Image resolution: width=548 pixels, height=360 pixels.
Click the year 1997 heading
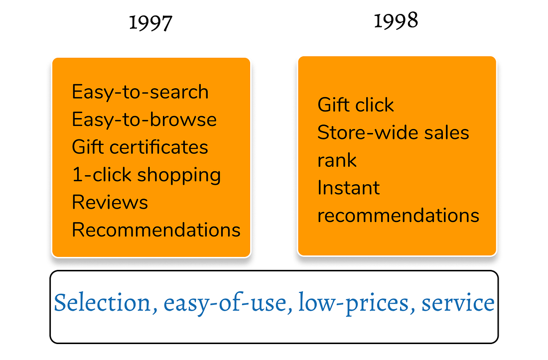(x=150, y=23)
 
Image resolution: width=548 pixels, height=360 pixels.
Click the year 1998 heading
(x=396, y=20)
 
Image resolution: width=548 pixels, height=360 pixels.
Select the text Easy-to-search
(x=140, y=92)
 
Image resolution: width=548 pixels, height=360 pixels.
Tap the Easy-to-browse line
(x=144, y=120)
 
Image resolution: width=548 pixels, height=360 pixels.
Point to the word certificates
(x=158, y=147)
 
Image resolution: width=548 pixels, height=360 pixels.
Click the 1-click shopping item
(x=146, y=175)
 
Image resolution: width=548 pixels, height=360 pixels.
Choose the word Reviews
(x=110, y=202)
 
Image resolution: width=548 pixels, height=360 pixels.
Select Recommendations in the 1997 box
(x=156, y=230)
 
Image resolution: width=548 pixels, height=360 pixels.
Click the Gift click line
(x=355, y=105)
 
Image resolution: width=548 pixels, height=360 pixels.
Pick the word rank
(x=337, y=160)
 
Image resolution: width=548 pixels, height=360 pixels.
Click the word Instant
(x=348, y=188)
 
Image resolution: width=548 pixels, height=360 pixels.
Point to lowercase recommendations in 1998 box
(x=399, y=216)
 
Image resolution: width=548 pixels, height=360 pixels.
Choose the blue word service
(x=458, y=302)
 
